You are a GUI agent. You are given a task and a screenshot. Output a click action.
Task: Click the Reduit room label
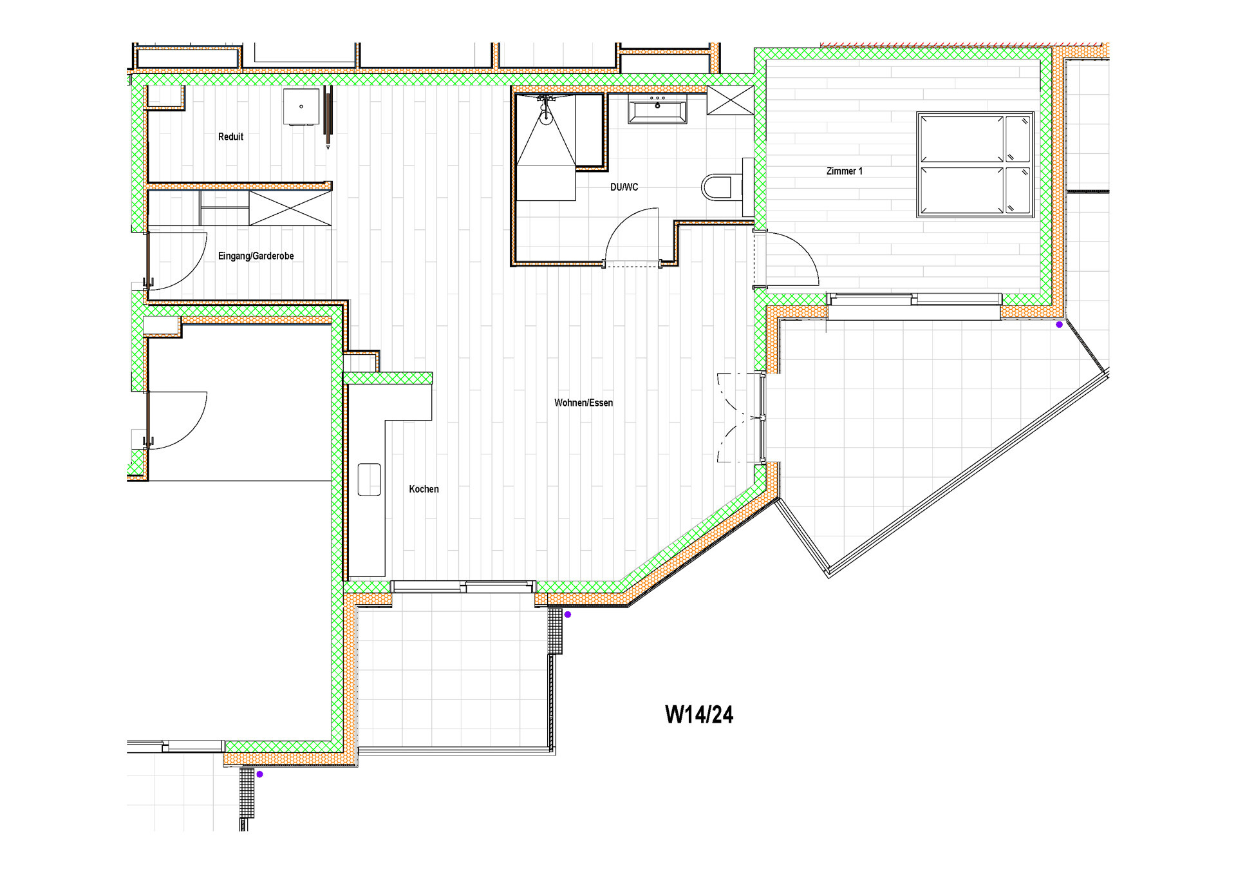coord(230,137)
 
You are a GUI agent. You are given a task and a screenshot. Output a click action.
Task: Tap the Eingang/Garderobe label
coord(256,256)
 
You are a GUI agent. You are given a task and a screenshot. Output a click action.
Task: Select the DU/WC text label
coord(624,187)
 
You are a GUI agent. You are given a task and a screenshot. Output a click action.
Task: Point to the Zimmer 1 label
coord(844,171)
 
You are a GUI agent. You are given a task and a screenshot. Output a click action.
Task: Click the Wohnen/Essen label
coord(583,403)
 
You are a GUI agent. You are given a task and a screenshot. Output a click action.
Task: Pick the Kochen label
coord(424,489)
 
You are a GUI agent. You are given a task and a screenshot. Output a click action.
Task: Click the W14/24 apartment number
coord(698,714)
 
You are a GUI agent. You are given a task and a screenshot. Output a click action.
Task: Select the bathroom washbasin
coord(657,109)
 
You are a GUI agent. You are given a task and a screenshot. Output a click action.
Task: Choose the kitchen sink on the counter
coord(369,479)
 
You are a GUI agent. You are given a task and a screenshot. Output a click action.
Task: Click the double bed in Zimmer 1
coord(975,164)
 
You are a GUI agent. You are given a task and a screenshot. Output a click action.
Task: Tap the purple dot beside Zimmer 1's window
coord(1059,325)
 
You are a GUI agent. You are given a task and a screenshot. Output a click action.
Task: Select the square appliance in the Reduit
coord(301,106)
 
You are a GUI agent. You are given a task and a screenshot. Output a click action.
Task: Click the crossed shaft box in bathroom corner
coord(730,100)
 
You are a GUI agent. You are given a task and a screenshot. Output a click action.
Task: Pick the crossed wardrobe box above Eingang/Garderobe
coord(290,208)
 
